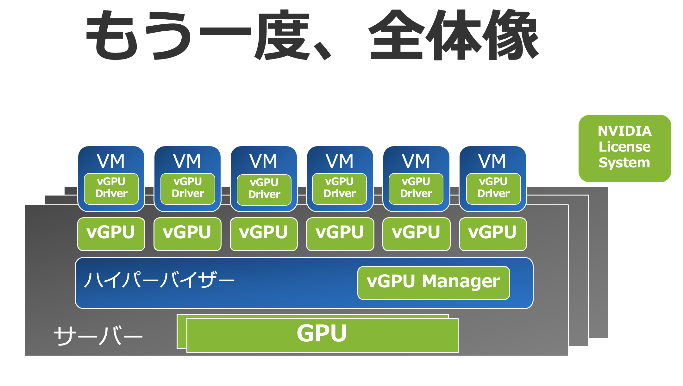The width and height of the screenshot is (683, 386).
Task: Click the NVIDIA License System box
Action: [624, 148]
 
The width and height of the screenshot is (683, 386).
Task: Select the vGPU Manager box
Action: [433, 283]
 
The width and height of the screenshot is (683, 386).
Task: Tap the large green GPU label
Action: [322, 334]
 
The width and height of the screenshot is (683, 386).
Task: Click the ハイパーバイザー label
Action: [159, 280]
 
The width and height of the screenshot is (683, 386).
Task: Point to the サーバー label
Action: [98, 336]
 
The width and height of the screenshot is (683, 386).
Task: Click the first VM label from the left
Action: [111, 161]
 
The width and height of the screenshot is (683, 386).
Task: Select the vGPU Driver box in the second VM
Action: [188, 189]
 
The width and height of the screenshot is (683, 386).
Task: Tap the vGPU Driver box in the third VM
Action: [264, 190]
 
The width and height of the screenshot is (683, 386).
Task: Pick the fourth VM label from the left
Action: [340, 161]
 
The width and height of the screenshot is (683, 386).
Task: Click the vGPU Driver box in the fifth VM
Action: [416, 189]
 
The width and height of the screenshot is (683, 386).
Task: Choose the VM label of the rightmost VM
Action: [492, 161]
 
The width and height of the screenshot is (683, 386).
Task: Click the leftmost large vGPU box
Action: [111, 234]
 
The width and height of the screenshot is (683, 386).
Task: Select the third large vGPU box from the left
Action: [264, 234]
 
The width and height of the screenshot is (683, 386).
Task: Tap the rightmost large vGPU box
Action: [492, 234]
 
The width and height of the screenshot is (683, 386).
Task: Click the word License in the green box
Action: [624, 147]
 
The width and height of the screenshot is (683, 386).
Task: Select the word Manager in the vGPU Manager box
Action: [461, 282]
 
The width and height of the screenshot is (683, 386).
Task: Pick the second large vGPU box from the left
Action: [187, 234]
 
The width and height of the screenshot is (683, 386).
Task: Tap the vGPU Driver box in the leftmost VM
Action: [111, 189]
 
